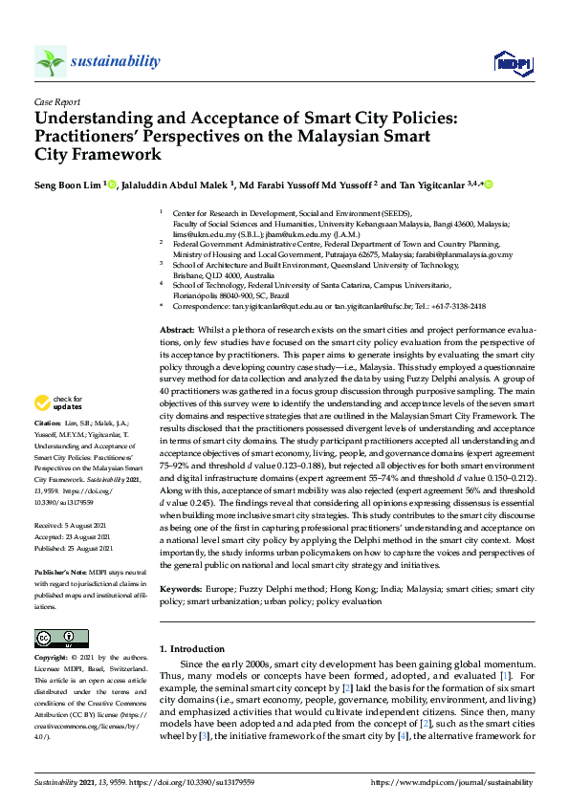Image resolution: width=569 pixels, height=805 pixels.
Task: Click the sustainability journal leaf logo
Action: [x=50, y=62]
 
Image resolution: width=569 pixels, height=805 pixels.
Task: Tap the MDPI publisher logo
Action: [x=512, y=63]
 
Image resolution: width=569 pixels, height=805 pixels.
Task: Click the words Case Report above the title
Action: [x=56, y=100]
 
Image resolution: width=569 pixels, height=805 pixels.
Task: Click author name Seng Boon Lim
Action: [x=67, y=184]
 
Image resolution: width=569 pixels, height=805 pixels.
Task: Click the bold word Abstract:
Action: [x=178, y=328]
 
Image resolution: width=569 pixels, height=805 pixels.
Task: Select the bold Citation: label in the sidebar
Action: [x=48, y=448]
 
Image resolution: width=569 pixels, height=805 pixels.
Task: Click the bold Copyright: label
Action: [x=52, y=658]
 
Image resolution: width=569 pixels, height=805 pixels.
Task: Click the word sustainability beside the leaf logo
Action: [x=115, y=61]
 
